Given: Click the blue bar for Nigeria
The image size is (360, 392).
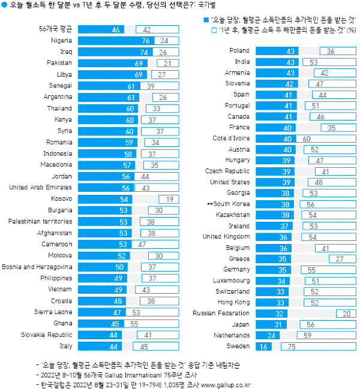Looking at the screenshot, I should [x=110, y=40].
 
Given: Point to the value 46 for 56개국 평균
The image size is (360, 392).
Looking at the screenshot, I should [x=116, y=29].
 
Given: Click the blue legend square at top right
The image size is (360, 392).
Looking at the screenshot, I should [x=206, y=19].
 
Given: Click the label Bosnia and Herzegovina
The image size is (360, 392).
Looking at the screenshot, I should [x=37, y=266].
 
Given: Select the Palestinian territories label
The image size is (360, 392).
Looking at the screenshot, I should [x=41, y=221].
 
